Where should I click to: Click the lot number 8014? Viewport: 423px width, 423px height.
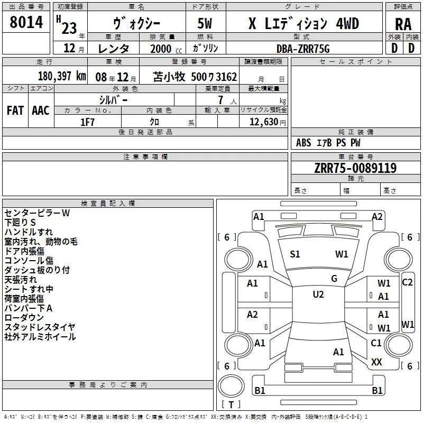coord(26,22)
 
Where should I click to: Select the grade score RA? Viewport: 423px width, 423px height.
coord(403,24)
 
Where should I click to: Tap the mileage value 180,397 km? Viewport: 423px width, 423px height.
coord(62,76)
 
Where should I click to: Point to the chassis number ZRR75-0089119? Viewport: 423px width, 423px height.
coord(355,168)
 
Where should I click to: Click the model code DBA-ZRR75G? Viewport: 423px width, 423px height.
coord(303,49)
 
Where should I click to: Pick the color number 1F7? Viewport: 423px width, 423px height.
coord(87,122)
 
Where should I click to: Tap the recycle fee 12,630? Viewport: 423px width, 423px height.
coord(263,122)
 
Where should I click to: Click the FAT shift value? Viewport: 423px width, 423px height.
coord(15,111)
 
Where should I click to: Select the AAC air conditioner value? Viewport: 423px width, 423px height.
coord(41,111)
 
